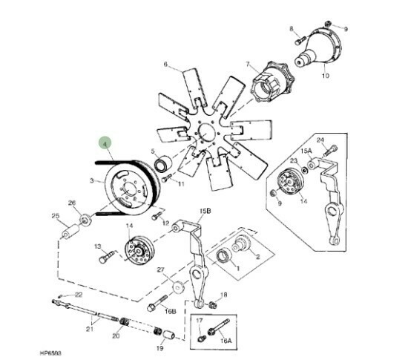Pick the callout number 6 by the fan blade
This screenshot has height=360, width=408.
165,65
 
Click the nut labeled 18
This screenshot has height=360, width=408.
212,304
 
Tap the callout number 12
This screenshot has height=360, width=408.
166,222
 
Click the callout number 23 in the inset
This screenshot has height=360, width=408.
293,160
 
